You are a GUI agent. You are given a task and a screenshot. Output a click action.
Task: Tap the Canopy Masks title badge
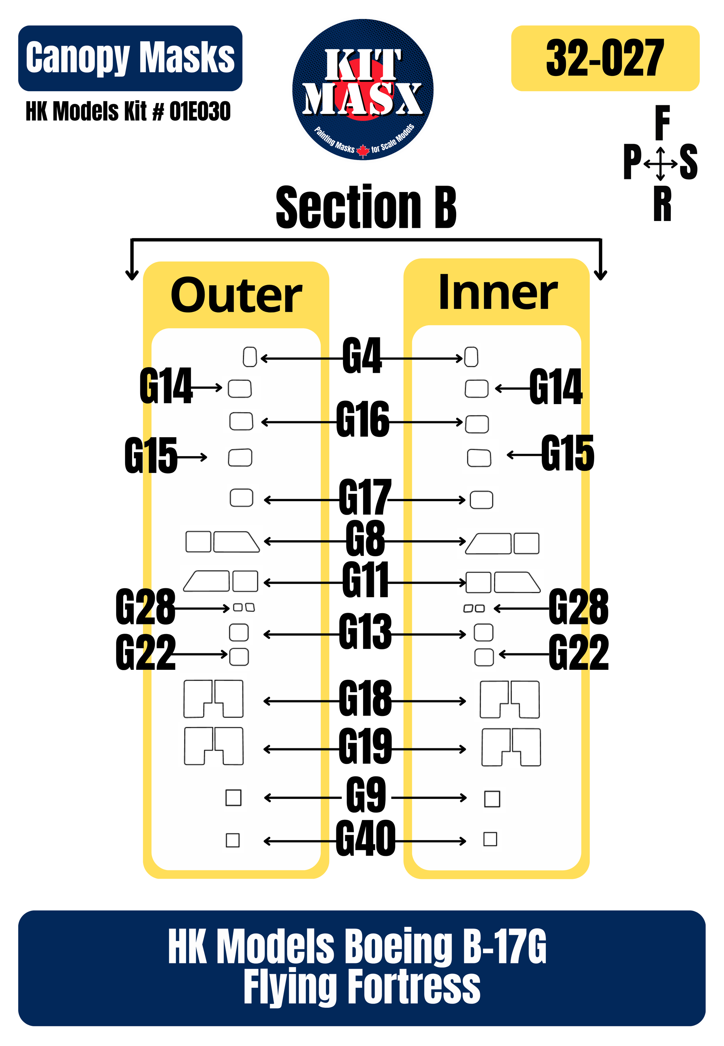[x=130, y=58]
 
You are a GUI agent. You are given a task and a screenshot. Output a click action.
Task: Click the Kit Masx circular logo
[x=362, y=89]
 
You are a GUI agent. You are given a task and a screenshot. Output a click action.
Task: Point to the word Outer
[x=236, y=296]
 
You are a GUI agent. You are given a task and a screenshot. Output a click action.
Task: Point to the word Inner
[x=498, y=293]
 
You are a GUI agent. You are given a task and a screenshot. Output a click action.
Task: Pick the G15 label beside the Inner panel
[x=567, y=453]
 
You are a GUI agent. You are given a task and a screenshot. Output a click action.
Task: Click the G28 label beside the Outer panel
[x=145, y=607]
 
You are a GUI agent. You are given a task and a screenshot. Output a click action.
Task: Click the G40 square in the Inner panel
[x=490, y=839]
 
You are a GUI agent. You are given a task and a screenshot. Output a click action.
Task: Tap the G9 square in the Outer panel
[x=233, y=797]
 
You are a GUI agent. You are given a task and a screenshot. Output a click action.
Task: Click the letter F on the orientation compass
[x=662, y=122]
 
